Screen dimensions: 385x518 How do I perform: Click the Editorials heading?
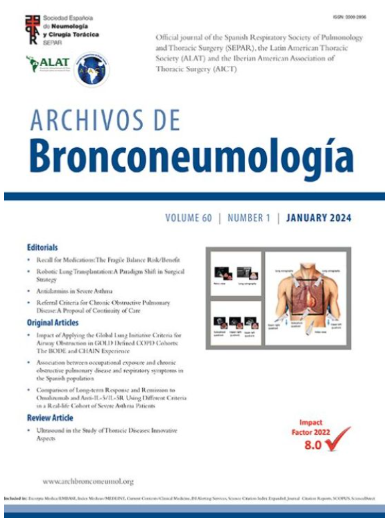click(44, 246)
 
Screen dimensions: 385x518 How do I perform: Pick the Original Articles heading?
click(53, 322)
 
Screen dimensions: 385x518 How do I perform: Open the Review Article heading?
click(50, 418)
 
